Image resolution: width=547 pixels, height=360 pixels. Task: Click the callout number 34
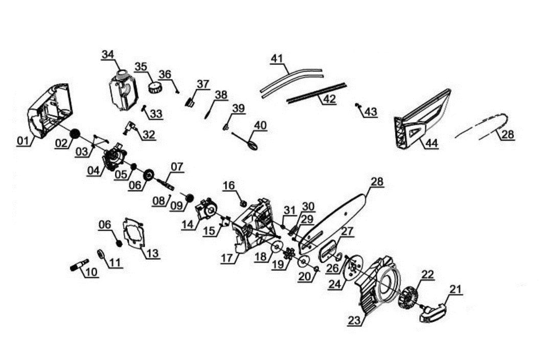108,54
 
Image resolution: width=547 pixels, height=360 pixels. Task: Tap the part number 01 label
23,141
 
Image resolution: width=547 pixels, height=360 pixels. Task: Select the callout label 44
431,143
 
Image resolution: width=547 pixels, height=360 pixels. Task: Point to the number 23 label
354,321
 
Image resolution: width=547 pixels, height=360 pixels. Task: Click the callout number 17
227,258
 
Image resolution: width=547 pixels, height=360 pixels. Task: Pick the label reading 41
277,58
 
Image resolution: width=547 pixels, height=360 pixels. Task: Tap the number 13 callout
152,253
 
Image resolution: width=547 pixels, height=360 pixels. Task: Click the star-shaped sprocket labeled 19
289,254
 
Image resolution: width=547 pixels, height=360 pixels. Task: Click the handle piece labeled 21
434,312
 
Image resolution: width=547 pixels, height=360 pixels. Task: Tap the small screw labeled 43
357,105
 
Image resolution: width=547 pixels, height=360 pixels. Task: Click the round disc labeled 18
277,247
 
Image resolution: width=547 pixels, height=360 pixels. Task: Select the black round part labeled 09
190,197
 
